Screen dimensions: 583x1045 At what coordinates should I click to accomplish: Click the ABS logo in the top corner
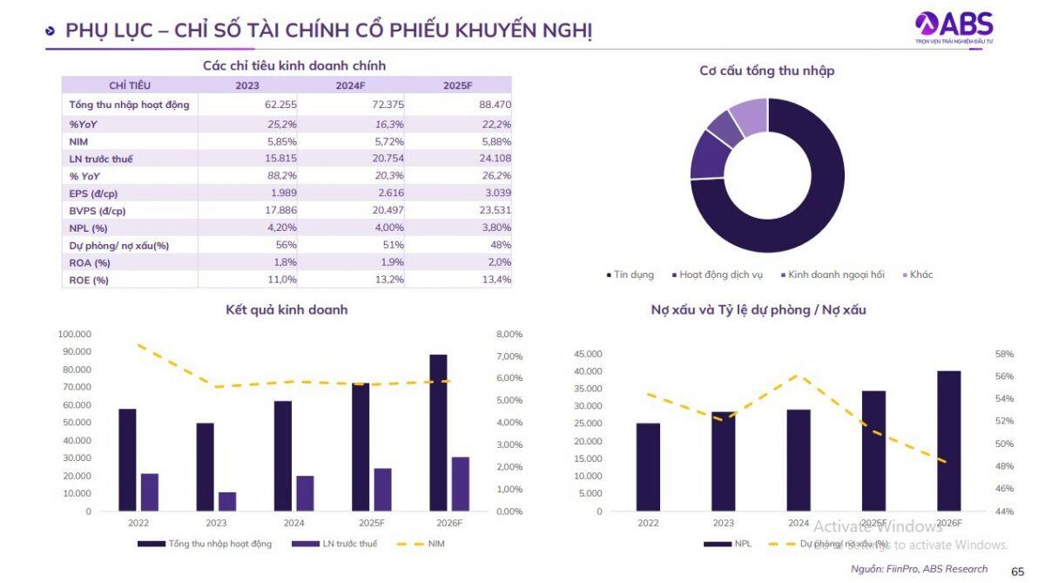[x=954, y=26]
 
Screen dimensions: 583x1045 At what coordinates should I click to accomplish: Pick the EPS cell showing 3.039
[x=495, y=193]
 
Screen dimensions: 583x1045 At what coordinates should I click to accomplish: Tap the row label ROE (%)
[x=89, y=280]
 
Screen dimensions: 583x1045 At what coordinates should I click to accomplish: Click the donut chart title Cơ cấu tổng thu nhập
[x=766, y=71]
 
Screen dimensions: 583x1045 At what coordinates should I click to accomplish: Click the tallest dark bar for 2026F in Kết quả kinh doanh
[x=438, y=432]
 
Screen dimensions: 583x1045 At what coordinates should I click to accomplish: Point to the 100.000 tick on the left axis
[x=75, y=334]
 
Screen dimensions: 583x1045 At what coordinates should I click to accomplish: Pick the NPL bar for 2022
[x=648, y=467]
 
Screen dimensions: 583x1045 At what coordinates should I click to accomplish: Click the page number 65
[x=1017, y=571]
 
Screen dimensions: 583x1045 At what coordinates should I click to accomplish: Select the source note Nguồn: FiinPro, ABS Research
[x=920, y=569]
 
